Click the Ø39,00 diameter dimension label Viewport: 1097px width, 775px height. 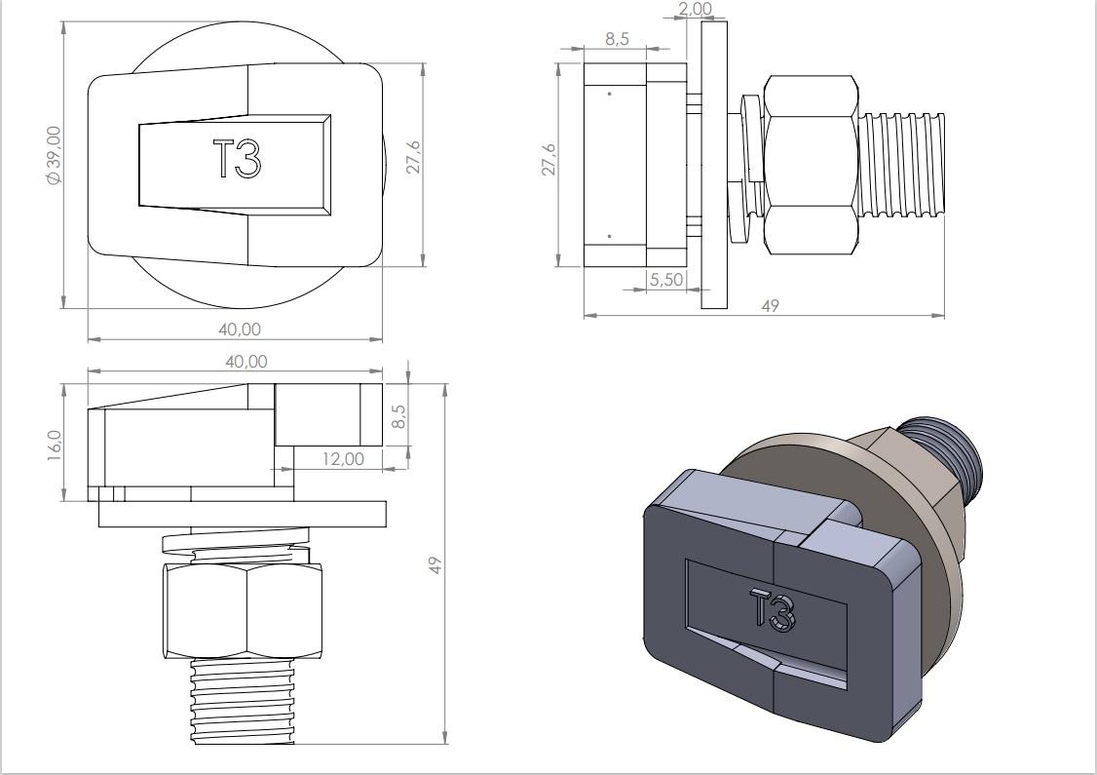tap(54, 155)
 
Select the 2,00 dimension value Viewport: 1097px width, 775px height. tap(696, 9)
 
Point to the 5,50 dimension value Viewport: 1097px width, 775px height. tap(665, 280)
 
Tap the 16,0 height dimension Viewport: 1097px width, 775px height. tap(55, 446)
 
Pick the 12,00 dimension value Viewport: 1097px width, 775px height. tap(343, 458)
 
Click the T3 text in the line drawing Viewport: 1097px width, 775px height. tap(237, 159)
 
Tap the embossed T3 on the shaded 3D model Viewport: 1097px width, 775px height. tap(774, 610)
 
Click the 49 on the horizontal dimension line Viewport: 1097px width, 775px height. tap(770, 306)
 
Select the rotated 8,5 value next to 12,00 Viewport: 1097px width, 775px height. tap(398, 415)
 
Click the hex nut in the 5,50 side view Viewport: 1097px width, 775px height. tap(812, 165)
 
